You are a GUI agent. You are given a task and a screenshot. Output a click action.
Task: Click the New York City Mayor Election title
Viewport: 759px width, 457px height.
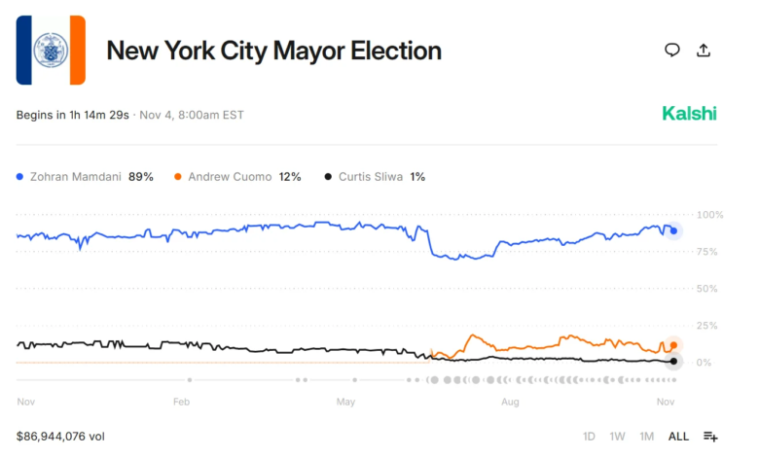[273, 51]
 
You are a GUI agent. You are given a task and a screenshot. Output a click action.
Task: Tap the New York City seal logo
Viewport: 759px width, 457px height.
[51, 51]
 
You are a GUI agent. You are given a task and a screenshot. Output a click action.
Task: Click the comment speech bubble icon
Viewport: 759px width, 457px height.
[671, 51]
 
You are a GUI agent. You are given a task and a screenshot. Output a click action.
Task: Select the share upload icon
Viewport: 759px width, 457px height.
[704, 51]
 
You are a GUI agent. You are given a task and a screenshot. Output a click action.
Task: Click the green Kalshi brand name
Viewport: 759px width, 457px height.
[689, 114]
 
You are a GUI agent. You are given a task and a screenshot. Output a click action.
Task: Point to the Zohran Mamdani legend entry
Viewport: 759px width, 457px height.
[85, 177]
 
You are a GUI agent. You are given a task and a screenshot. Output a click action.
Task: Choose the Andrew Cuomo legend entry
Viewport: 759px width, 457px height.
[237, 177]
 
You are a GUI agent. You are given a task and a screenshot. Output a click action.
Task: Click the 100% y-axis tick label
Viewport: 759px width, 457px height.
[710, 215]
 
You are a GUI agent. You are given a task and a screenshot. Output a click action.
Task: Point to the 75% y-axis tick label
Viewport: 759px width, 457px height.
[707, 252]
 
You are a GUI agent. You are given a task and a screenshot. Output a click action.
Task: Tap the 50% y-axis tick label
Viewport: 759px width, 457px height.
[707, 289]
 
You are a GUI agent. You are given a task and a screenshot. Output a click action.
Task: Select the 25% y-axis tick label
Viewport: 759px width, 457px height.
[707, 326]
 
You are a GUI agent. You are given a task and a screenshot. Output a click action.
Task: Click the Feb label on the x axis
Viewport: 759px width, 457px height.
[181, 401]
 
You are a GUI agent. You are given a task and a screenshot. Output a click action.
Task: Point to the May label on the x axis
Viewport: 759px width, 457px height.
[344, 401]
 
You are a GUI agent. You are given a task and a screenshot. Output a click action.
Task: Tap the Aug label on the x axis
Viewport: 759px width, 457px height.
[509, 401]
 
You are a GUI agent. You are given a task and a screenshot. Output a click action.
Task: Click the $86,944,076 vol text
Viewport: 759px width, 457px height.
[60, 437]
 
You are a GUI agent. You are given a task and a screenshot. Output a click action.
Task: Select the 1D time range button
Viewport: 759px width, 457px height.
[589, 437]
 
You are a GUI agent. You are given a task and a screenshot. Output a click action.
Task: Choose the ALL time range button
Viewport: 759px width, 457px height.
[678, 437]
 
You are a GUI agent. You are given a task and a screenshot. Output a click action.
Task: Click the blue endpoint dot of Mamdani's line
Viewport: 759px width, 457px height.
[673, 230]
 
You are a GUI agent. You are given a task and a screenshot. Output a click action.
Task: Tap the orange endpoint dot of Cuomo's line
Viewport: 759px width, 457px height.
[673, 345]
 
